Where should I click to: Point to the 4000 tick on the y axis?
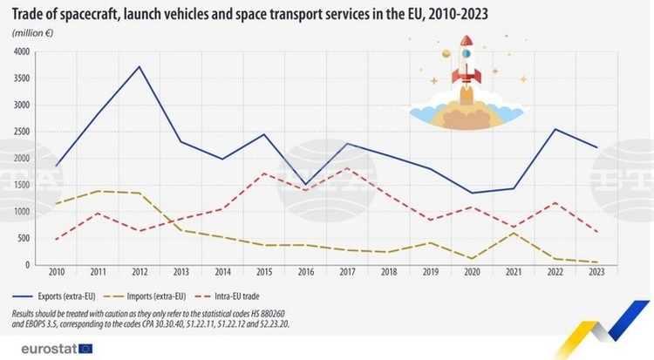(20, 52)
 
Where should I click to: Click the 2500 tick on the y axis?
(20, 132)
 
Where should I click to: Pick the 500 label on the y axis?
(23, 238)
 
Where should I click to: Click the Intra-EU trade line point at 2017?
(347, 168)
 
